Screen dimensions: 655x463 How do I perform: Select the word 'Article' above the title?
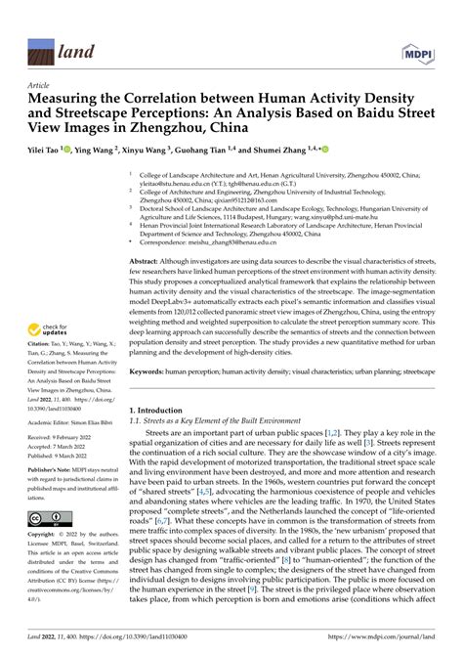(43, 86)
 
